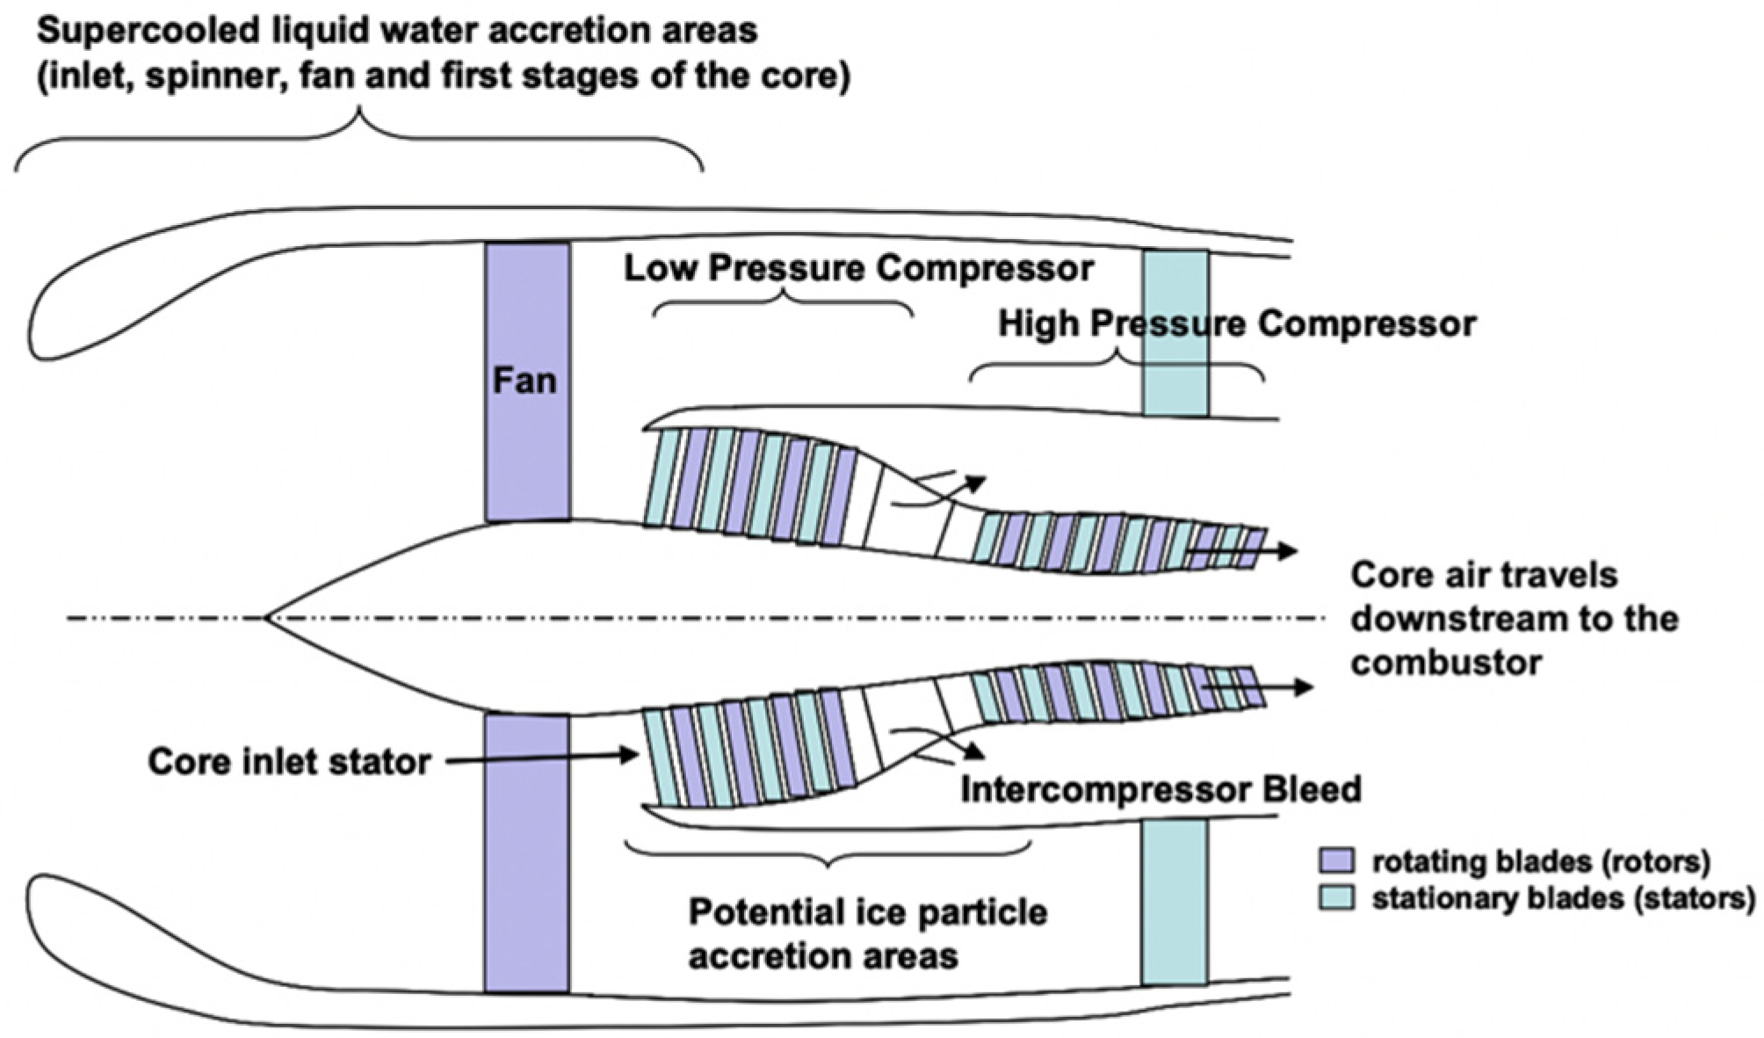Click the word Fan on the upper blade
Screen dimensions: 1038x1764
(524, 381)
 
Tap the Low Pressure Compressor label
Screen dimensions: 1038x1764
(858, 268)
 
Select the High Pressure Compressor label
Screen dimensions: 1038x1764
(1237, 324)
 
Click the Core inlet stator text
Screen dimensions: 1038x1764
(289, 761)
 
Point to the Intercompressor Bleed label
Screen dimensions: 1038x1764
(1160, 788)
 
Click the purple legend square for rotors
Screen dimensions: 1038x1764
(1335, 860)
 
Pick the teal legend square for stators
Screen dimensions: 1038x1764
(1335, 898)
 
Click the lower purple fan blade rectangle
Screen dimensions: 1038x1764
(527, 853)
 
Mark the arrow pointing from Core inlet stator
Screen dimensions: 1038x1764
(540, 758)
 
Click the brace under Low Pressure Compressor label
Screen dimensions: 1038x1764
(782, 303)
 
